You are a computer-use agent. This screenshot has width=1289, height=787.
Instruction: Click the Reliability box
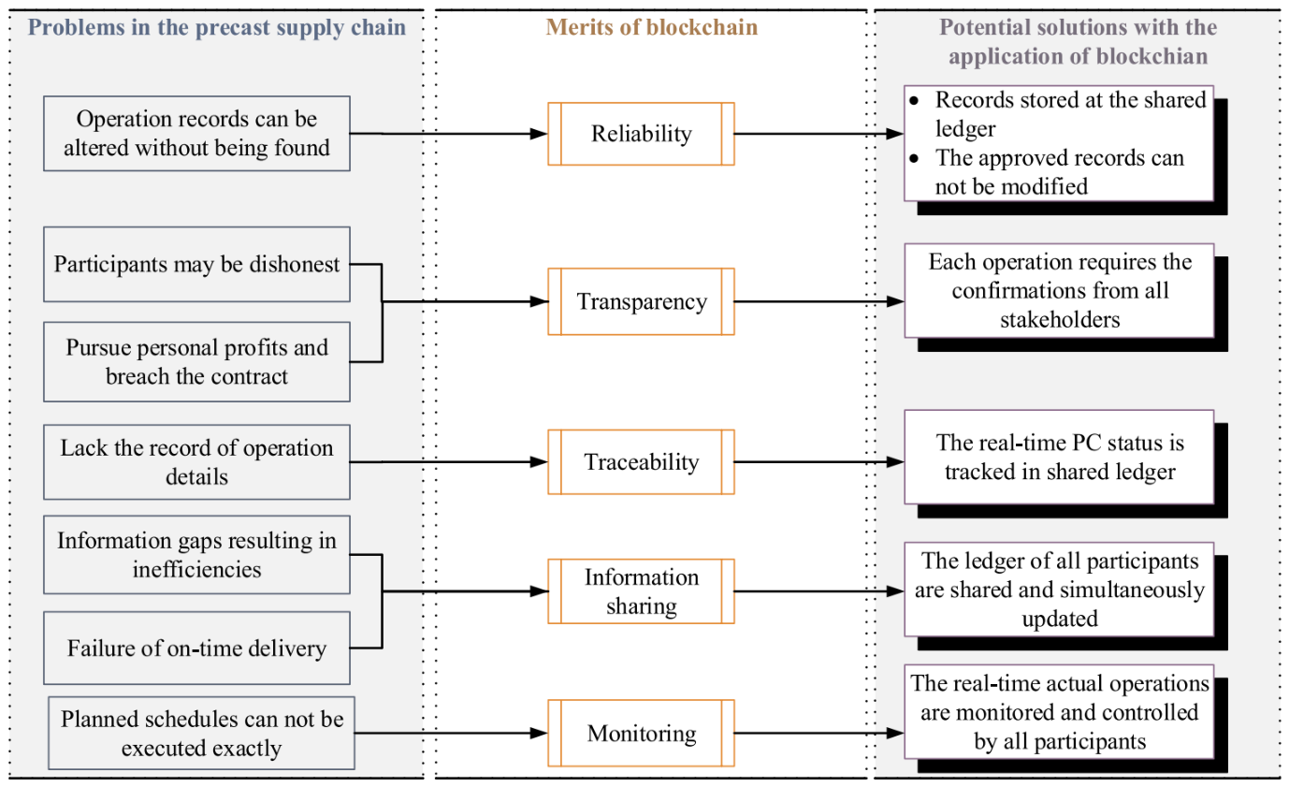[641, 134]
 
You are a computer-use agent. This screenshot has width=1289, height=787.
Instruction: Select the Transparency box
[641, 301]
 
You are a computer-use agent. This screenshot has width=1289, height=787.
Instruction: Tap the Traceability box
[641, 461]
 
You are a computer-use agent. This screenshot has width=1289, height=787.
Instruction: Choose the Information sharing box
[641, 591]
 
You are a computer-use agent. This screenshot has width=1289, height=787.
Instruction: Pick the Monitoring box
[641, 733]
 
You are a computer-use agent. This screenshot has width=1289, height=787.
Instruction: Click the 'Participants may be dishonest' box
[196, 264]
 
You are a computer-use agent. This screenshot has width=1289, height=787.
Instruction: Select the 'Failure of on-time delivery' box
[196, 648]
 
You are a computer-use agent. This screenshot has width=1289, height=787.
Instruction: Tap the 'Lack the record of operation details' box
[196, 461]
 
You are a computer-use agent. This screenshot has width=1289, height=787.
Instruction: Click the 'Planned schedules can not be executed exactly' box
[201, 733]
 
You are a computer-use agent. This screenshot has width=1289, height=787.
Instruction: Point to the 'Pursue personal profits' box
[196, 361]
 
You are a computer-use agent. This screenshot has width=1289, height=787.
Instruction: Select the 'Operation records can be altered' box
[196, 134]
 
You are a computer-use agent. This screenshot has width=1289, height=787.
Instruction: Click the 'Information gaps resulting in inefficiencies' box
[196, 554]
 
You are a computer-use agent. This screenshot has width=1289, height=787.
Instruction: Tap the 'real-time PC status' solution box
[1060, 457]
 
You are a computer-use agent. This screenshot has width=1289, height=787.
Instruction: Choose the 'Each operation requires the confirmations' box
[1060, 290]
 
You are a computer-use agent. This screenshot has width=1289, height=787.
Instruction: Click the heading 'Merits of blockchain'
[651, 27]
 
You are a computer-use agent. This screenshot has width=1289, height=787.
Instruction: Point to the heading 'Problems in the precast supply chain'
[217, 27]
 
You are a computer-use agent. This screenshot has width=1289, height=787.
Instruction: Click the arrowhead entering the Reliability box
[539, 134]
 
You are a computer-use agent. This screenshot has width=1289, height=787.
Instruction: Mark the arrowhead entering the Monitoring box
[539, 733]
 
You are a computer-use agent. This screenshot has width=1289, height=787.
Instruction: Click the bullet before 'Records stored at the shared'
[915, 101]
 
